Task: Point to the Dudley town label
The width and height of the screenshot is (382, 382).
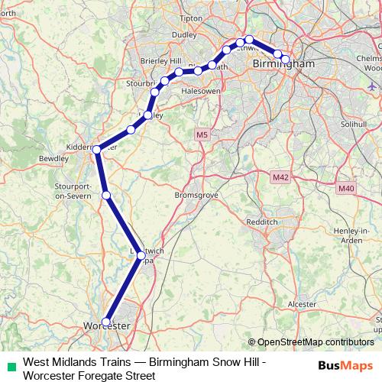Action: [x=183, y=55]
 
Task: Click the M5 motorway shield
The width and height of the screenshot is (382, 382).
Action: [x=201, y=135]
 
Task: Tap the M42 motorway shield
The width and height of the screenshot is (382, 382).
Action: [x=280, y=177]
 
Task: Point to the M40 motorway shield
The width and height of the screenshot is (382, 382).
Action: [x=346, y=187]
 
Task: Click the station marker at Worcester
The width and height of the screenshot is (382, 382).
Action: [x=106, y=322]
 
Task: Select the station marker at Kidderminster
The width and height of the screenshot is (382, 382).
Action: [x=97, y=150]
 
